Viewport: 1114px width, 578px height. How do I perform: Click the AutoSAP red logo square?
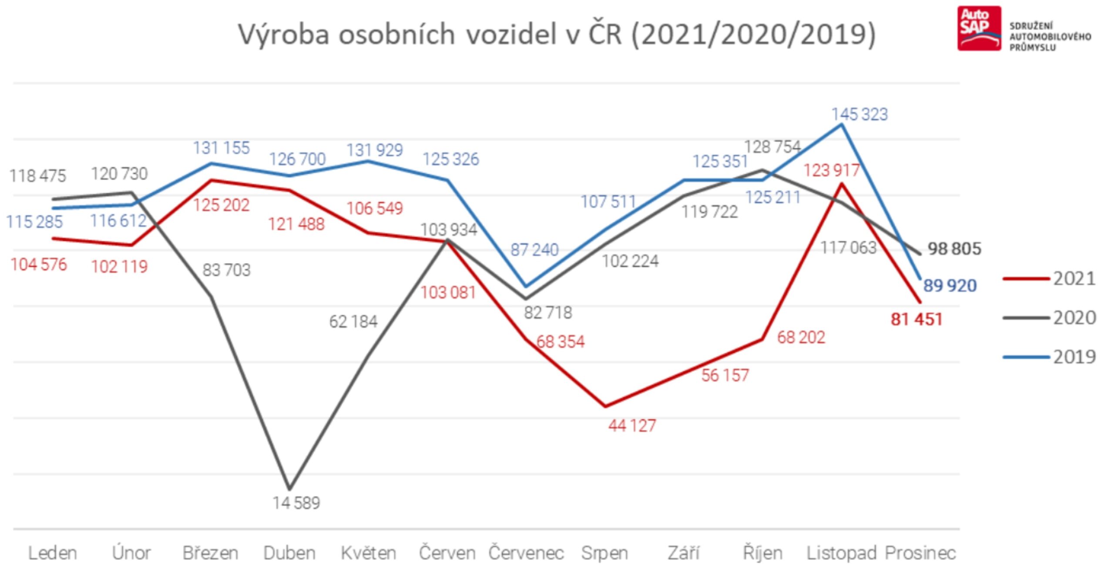(x=979, y=28)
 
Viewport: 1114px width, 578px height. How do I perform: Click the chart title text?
(x=557, y=34)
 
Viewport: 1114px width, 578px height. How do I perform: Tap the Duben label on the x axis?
(x=289, y=553)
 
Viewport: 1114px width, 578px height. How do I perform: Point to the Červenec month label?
(x=526, y=553)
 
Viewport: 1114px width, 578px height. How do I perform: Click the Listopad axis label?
(x=841, y=553)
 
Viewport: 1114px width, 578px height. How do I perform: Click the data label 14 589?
(x=296, y=503)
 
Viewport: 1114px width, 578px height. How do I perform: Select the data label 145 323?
(x=859, y=114)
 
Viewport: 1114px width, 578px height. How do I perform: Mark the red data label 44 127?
(x=632, y=426)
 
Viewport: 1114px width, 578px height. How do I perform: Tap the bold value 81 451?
(x=916, y=319)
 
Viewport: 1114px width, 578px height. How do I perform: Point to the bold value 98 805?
(x=954, y=249)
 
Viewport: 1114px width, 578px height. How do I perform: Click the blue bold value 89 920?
(x=950, y=286)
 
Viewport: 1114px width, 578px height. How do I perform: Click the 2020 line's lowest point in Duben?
(x=289, y=489)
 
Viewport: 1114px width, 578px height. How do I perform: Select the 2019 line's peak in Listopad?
(x=842, y=124)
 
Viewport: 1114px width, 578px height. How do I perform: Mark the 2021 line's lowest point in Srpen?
(x=605, y=407)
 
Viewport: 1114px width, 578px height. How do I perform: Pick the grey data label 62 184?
(x=353, y=322)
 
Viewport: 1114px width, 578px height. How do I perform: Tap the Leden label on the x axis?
(x=53, y=553)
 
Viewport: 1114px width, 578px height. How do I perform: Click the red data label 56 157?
(x=725, y=376)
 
